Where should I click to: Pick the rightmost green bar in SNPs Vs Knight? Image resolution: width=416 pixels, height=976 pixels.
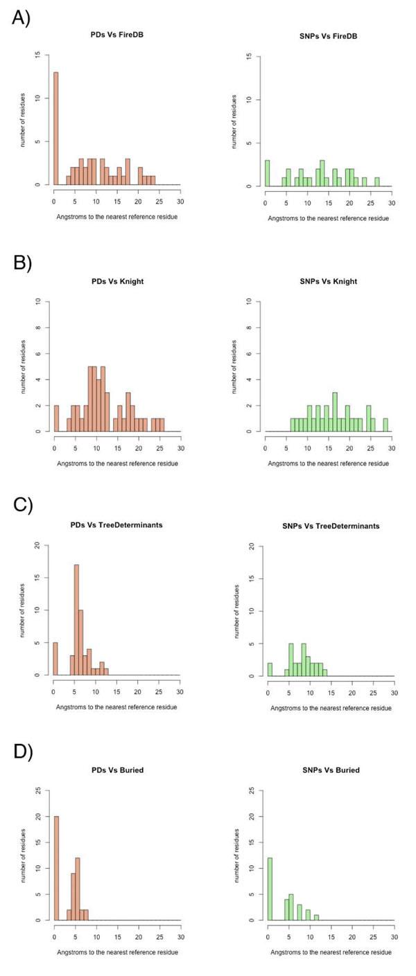[385, 425]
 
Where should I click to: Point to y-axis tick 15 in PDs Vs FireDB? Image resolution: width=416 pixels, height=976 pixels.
[46, 55]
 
